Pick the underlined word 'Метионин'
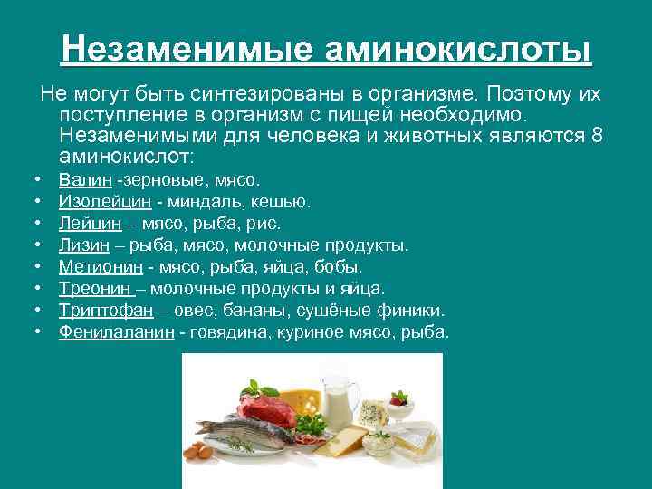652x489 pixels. point(100,267)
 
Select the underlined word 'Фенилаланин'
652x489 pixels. point(116,332)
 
